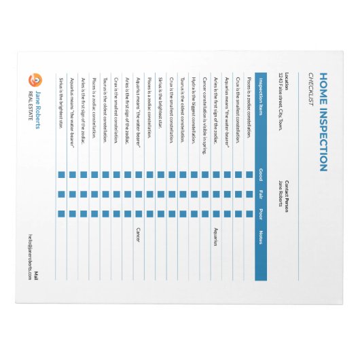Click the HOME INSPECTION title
(323, 122)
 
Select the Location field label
(288, 79)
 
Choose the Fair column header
(260, 196)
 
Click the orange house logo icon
(37, 79)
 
